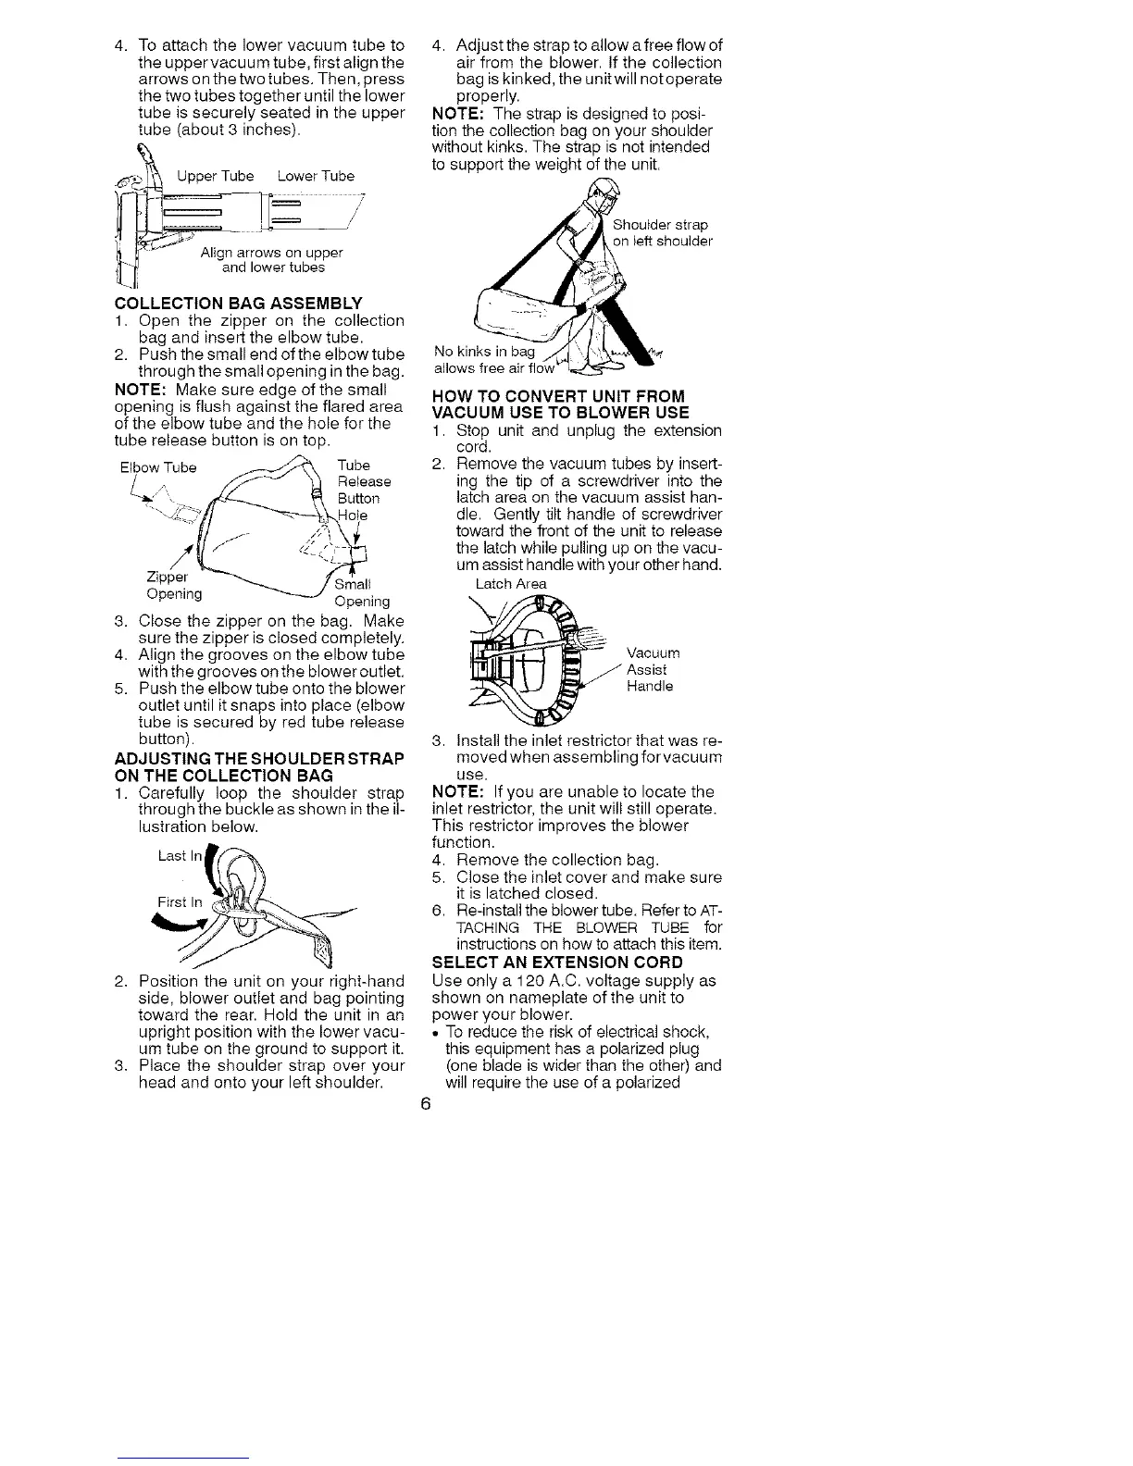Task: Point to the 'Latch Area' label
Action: click(510, 584)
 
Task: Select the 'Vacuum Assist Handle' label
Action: click(649, 669)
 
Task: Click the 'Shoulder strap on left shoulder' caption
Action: click(663, 233)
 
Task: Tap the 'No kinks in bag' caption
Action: click(484, 352)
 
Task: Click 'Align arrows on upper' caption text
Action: click(271, 253)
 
